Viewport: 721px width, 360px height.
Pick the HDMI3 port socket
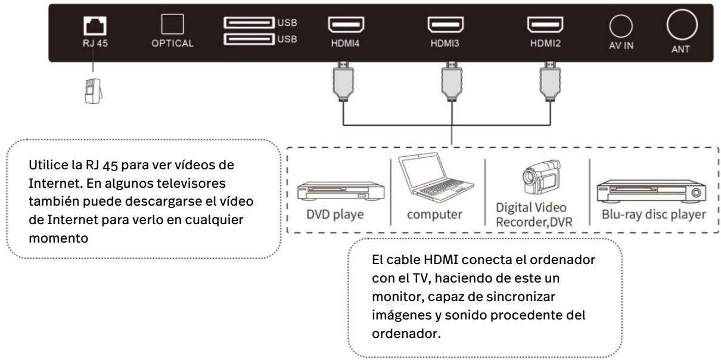pos(446,26)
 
